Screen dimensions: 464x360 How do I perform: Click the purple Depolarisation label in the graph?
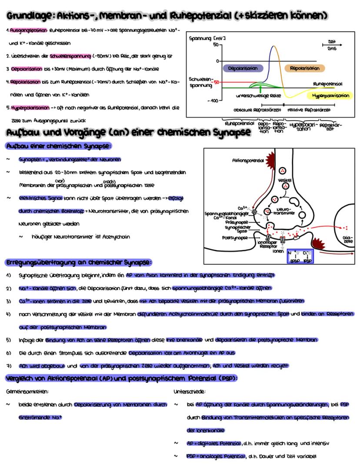243,68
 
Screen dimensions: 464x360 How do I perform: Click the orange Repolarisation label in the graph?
304,68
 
